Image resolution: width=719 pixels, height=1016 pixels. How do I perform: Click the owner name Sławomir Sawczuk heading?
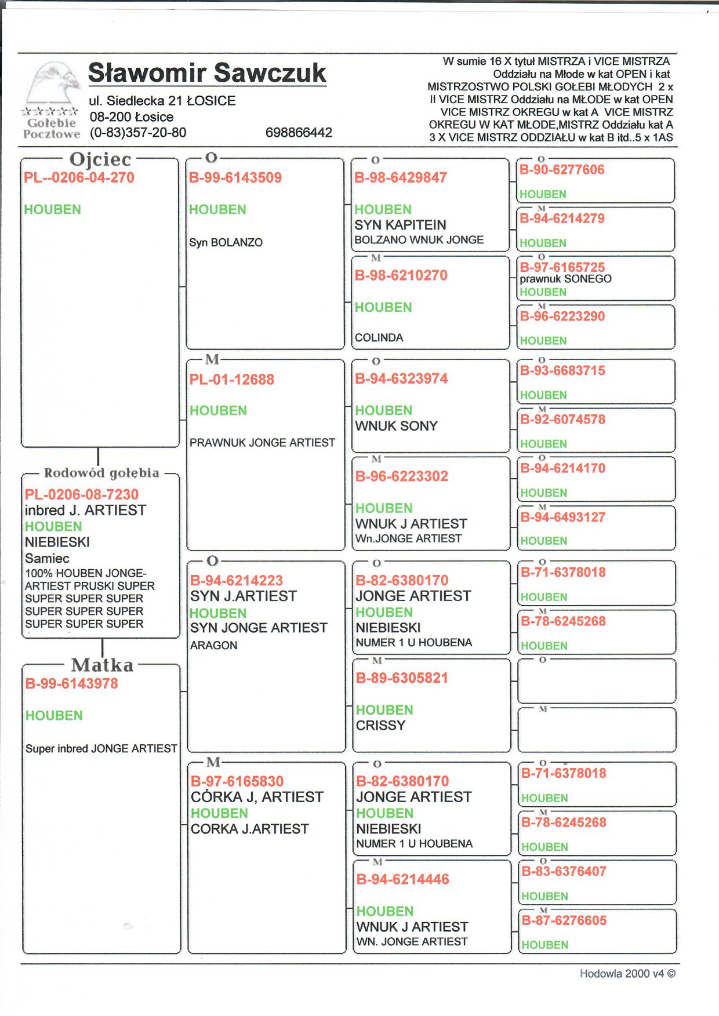207,74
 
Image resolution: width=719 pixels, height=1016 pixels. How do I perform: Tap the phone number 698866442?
299,133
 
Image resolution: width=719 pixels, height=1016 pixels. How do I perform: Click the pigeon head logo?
55,84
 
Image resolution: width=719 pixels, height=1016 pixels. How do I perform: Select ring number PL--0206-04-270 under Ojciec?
79,178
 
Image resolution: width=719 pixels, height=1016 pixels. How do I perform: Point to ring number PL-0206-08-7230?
82,494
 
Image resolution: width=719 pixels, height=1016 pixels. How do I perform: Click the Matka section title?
102,665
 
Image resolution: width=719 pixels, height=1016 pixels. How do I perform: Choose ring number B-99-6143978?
71,684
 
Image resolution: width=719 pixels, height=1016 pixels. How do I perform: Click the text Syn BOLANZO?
226,243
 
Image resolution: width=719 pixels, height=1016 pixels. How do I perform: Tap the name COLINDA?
379,338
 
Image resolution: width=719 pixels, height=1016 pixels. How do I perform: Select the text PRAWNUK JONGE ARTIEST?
262,443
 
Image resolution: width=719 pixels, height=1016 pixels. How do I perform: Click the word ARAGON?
213,646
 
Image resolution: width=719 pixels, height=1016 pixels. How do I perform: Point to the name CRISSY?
380,726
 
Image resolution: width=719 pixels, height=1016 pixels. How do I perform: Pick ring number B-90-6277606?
562,170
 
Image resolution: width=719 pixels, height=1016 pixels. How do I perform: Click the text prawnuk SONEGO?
565,279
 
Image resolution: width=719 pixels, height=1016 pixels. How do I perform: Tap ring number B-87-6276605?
564,920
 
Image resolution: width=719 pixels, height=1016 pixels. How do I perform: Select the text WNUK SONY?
396,426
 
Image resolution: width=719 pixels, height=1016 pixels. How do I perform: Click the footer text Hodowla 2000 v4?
627,974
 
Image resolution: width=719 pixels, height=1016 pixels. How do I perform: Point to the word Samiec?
47,559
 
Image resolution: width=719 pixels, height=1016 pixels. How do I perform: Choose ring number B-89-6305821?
402,678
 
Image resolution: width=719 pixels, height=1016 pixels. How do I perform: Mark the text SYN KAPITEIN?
400,225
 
